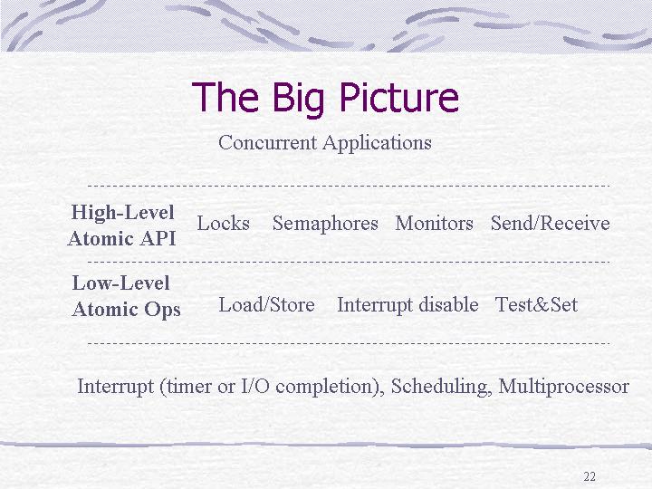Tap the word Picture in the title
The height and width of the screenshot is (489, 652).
click(x=399, y=97)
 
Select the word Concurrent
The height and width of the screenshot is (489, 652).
click(x=267, y=143)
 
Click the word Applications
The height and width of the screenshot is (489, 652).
click(x=377, y=143)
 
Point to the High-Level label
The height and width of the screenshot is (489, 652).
click(x=122, y=212)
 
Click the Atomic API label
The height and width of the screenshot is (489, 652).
click(x=122, y=238)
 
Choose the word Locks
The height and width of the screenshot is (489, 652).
click(x=224, y=224)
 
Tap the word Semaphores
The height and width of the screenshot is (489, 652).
click(x=325, y=224)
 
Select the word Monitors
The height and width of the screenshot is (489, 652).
click(x=434, y=224)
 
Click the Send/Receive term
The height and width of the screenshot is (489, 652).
click(x=551, y=224)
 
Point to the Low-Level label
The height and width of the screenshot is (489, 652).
click(x=121, y=283)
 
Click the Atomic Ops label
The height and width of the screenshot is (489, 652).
click(x=127, y=310)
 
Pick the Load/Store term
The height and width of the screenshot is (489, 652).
click(x=266, y=304)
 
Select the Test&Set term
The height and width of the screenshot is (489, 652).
click(x=536, y=305)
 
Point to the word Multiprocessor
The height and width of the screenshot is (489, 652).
click(x=563, y=387)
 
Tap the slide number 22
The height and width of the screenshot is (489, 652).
click(x=590, y=476)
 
